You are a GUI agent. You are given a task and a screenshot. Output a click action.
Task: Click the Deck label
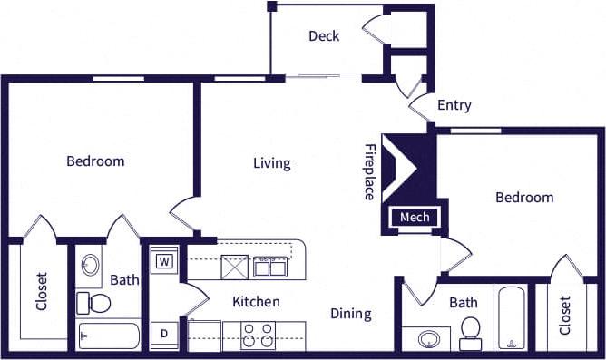click(x=324, y=36)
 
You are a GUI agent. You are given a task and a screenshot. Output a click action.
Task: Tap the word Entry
click(x=454, y=105)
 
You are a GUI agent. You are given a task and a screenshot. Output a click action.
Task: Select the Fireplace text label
click(x=369, y=171)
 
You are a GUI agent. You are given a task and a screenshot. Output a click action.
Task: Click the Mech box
click(x=415, y=218)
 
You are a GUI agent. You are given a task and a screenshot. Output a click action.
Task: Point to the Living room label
click(x=271, y=163)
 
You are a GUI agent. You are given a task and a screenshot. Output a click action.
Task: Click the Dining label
click(x=350, y=314)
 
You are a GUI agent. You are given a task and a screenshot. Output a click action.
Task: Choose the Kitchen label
click(x=256, y=302)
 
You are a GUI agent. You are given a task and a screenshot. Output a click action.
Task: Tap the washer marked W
click(x=165, y=262)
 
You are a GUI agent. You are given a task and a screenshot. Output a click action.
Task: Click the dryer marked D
click(x=165, y=334)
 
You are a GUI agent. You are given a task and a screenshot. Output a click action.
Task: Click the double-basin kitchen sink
click(x=270, y=267)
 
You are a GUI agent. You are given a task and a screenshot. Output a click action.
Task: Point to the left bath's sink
click(x=91, y=266)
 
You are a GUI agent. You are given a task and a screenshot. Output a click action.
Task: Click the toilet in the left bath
click(x=93, y=302)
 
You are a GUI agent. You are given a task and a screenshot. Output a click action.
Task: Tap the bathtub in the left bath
click(x=109, y=336)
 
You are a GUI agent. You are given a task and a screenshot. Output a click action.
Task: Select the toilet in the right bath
click(x=470, y=333)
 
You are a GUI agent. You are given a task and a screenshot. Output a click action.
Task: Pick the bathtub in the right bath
click(x=512, y=318)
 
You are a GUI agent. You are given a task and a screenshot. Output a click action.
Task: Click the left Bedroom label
click(x=95, y=161)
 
